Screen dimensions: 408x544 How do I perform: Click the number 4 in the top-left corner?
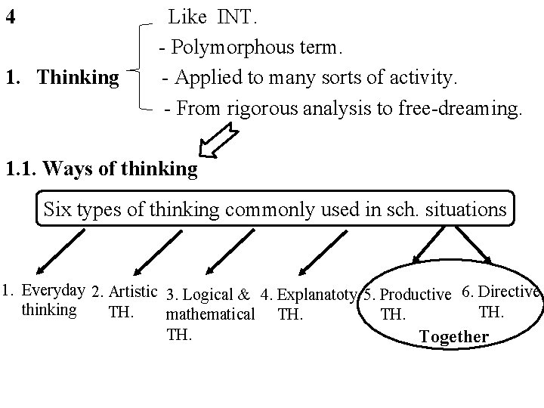(10, 16)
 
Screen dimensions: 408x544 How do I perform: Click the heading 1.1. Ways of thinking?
(101, 168)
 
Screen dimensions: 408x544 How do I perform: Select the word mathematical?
(209, 313)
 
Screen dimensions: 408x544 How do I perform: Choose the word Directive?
(510, 291)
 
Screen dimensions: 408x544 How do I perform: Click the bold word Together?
(453, 337)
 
